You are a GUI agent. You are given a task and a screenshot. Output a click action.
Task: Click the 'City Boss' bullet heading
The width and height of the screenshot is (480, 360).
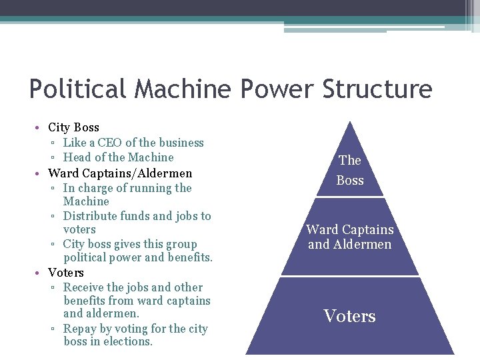(73, 127)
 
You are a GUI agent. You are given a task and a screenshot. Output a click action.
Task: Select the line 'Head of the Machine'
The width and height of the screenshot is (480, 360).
(118, 157)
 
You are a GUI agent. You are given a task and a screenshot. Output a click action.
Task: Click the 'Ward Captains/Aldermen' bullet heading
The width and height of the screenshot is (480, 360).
(120, 173)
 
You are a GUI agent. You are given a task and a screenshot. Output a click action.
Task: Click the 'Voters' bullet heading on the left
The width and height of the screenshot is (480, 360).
(66, 273)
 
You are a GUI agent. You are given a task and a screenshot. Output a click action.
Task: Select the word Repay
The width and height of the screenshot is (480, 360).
(80, 329)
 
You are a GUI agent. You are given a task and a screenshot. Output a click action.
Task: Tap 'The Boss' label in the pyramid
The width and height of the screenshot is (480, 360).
(350, 170)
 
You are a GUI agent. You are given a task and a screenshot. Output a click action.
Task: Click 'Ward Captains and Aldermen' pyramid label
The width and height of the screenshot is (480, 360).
(350, 237)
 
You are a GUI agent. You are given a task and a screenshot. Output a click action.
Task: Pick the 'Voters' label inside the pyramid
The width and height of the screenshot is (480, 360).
(350, 316)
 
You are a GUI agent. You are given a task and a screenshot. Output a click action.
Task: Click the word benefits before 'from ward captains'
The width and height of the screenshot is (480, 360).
(86, 301)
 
